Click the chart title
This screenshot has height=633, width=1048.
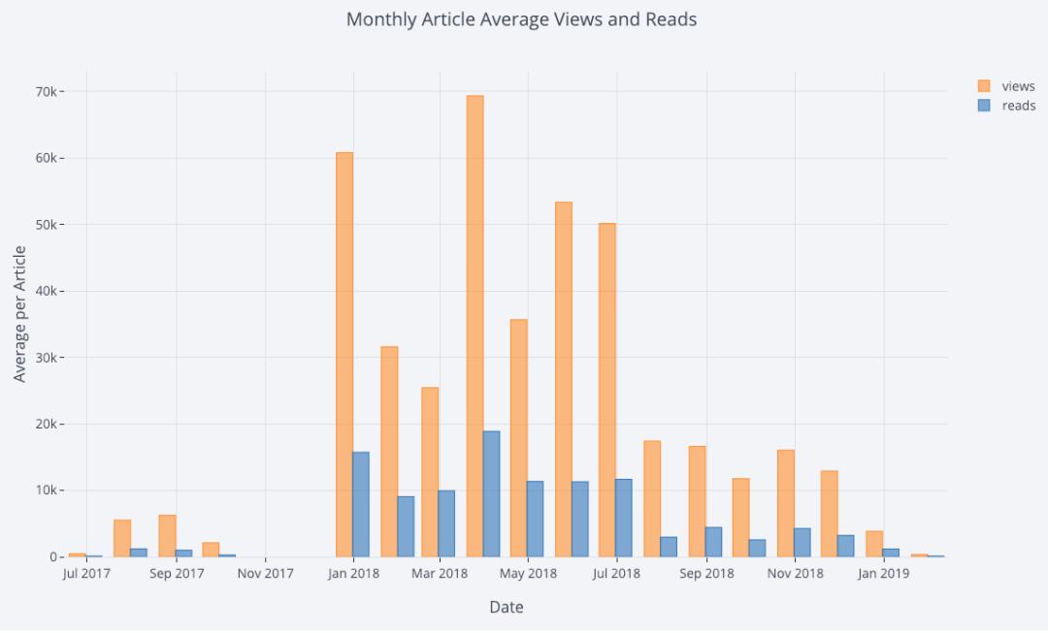point(521,19)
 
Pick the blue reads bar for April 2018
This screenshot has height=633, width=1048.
point(491,494)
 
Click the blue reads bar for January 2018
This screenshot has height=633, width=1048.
point(361,504)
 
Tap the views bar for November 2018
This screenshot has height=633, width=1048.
point(785,503)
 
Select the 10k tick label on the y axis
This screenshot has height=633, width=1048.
point(49,491)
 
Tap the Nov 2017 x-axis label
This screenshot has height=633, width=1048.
point(265,574)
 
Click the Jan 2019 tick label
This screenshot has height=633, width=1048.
point(882,574)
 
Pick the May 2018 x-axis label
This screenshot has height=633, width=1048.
point(528,574)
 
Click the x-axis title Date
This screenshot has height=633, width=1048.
point(507,608)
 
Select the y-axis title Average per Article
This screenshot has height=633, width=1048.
point(20,313)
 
